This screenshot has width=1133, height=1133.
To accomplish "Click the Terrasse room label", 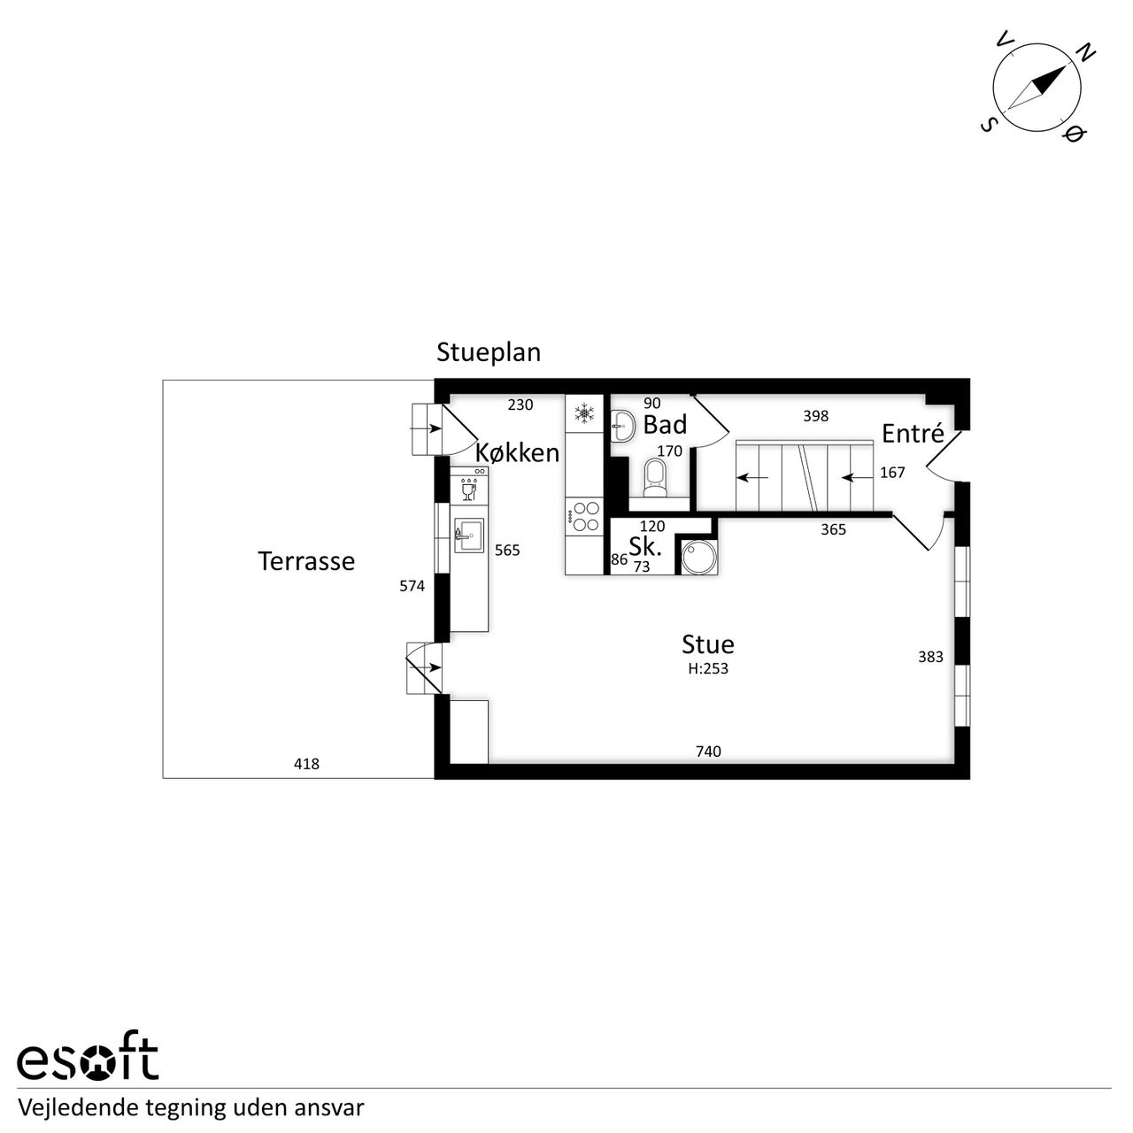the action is click(x=305, y=561).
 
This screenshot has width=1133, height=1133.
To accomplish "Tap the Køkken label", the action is click(x=518, y=452).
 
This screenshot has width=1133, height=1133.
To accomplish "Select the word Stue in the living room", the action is click(x=708, y=645).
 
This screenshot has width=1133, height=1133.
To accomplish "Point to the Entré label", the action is click(x=913, y=434).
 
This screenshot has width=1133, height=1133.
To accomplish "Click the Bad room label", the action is click(x=665, y=425).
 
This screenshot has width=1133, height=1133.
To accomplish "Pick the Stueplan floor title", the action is click(x=489, y=353).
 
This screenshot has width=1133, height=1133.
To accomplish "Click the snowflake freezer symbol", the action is click(x=584, y=412).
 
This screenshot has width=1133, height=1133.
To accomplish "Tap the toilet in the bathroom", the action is click(x=655, y=477).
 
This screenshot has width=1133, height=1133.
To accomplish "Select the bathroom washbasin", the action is click(x=623, y=425).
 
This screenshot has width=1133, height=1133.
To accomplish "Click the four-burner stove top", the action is click(x=584, y=516).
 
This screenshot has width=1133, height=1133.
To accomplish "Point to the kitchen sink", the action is click(x=468, y=535).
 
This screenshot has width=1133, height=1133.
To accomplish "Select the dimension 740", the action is click(x=708, y=751).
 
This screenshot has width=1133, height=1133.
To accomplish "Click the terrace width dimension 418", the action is click(x=306, y=764).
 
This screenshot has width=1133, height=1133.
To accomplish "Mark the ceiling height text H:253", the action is click(x=708, y=668).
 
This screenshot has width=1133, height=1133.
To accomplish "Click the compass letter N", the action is click(x=1085, y=53).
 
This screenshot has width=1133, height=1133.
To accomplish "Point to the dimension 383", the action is click(x=930, y=657).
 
